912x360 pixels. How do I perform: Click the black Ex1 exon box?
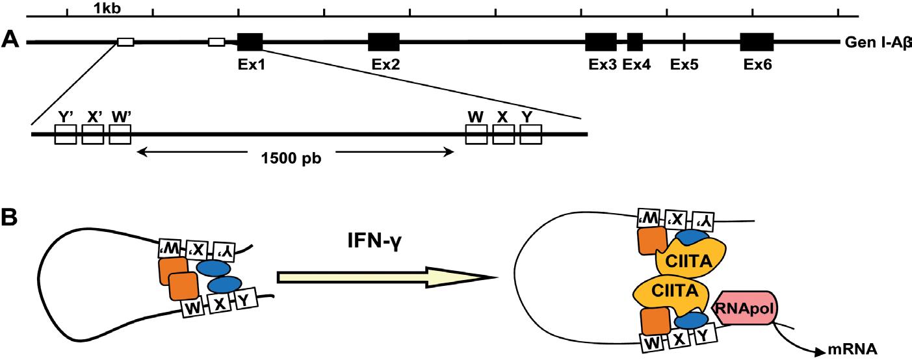250,42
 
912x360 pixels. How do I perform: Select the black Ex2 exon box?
384,42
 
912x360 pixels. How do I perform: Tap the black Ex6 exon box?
757,42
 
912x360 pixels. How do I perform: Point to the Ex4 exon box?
635,42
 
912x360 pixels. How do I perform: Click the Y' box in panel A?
65,135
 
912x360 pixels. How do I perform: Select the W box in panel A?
476,135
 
